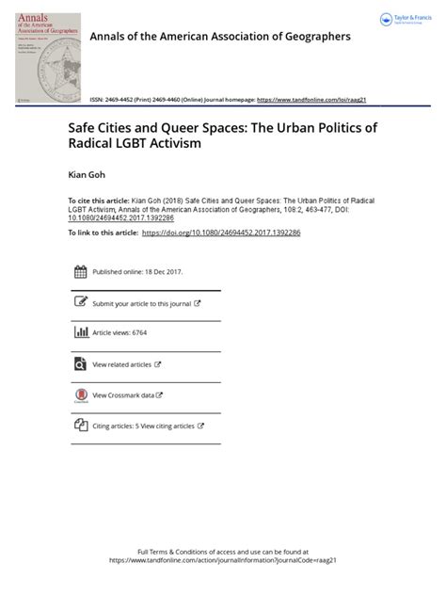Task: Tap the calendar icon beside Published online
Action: tap(80, 272)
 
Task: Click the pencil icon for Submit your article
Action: tap(80, 303)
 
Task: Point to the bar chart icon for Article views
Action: tap(80, 332)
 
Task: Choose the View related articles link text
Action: tap(122, 364)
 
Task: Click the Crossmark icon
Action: tap(80, 395)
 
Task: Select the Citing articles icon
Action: tap(80, 426)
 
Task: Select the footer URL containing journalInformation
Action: tap(223, 559)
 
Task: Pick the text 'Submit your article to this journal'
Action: tap(141, 303)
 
